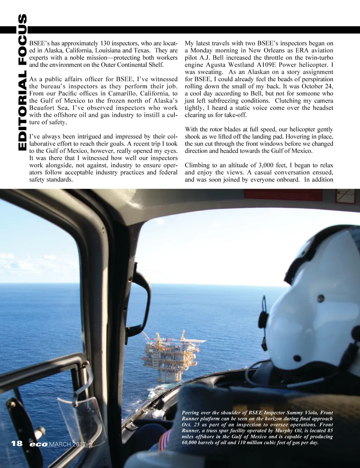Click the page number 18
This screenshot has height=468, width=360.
tap(17, 443)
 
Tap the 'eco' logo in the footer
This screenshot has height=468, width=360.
tap(39, 444)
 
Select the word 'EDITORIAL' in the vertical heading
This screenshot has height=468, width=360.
tap(22, 110)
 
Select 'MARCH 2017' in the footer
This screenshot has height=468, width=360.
tap(67, 444)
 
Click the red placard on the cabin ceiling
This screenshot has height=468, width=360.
tap(346, 196)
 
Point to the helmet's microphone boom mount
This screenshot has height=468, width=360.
tap(263, 318)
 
